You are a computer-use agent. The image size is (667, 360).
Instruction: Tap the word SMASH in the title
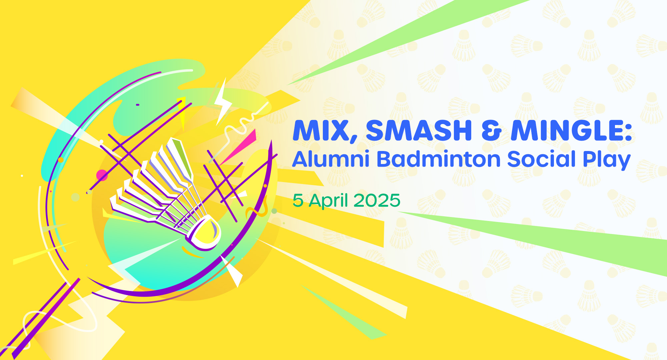(x=419, y=130)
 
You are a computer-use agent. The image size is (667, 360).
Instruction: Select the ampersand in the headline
(x=491, y=130)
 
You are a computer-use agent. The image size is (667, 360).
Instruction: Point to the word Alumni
(x=330, y=159)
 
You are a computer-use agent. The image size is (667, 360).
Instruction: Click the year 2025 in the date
(x=377, y=200)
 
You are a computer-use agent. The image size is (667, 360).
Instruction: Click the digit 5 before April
(x=298, y=200)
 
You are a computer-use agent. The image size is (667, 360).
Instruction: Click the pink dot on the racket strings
(x=102, y=175)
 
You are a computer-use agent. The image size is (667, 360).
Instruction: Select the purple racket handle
(x=40, y=322)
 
